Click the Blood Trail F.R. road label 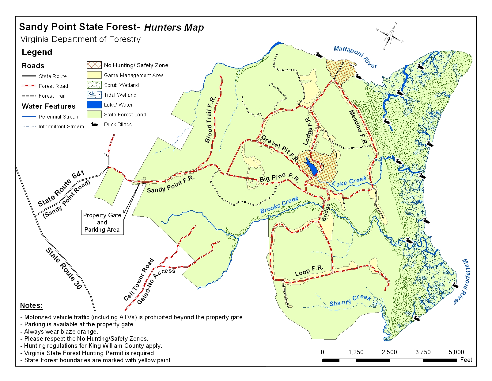point(210,120)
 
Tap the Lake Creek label point(349,181)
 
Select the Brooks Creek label point(279,205)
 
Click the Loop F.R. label point(309,270)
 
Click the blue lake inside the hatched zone point(312,168)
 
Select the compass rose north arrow point(390,35)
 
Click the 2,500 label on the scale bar point(389,352)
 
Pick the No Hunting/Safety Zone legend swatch point(94,65)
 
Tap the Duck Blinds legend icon point(94,124)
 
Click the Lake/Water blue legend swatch point(94,105)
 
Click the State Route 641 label point(61,189)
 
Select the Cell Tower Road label point(138,280)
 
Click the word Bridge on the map point(325,212)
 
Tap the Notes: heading point(31,305)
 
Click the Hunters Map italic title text point(174,27)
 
